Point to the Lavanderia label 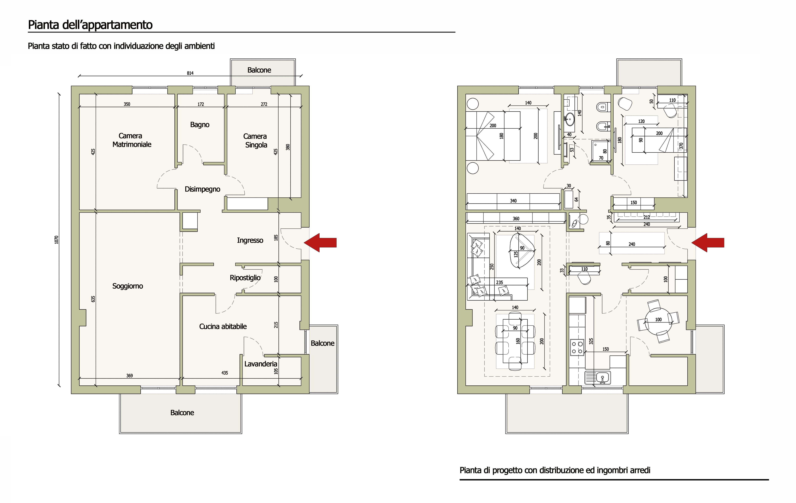click(260, 364)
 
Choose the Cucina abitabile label click(223, 327)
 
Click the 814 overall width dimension click(190, 73)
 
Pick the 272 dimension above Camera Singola click(264, 104)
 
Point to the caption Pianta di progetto click(555, 470)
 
